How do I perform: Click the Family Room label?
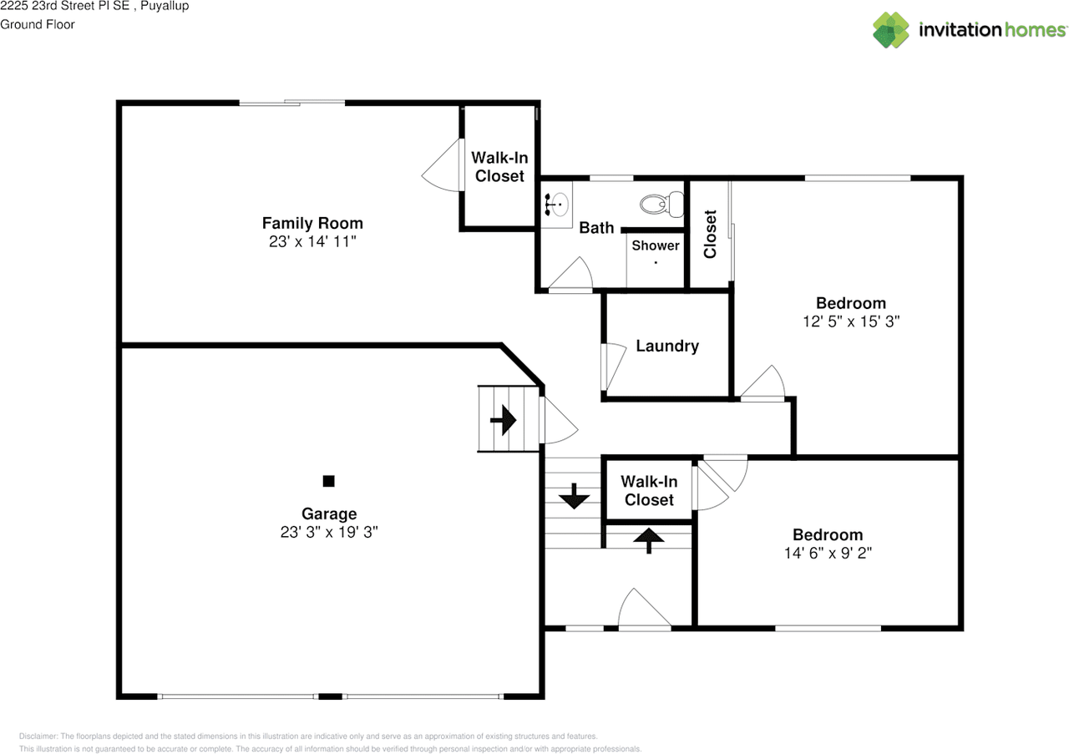tap(312, 223)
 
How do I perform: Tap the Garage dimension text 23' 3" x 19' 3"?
tap(329, 532)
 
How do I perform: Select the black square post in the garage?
tap(329, 481)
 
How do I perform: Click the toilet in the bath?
tap(662, 204)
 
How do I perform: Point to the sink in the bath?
tap(556, 205)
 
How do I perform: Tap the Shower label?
tap(656, 245)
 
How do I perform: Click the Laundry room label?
tap(667, 346)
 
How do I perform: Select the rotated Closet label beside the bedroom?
tap(710, 234)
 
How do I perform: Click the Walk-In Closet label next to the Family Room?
tap(499, 166)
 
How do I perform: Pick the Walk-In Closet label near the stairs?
tap(649, 491)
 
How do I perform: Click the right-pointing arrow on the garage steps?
tap(504, 421)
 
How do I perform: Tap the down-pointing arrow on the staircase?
tap(574, 496)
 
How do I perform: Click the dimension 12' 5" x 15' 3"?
tap(851, 321)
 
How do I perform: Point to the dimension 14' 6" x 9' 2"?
tap(828, 553)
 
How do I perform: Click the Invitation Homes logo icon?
tap(891, 30)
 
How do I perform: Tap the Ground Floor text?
tap(38, 24)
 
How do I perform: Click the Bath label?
tap(596, 228)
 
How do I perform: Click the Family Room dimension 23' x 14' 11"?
tap(312, 241)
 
